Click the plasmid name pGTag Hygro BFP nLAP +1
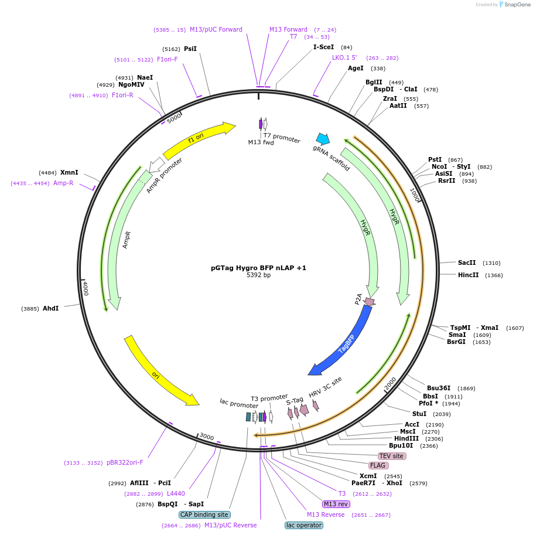(x=258, y=268)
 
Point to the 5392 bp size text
(x=258, y=275)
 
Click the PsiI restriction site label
(x=190, y=49)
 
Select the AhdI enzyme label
(x=51, y=308)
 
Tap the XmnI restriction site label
(x=69, y=173)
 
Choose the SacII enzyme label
(x=467, y=263)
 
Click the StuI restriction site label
(x=419, y=414)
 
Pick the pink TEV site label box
(x=392, y=456)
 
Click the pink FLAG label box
(x=378, y=465)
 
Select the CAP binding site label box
(x=204, y=514)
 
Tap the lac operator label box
(x=304, y=525)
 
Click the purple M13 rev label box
(x=336, y=504)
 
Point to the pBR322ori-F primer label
(x=125, y=462)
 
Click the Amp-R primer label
(x=63, y=183)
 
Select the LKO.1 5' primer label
(x=344, y=57)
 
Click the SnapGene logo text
(x=515, y=4)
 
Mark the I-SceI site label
(x=323, y=47)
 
